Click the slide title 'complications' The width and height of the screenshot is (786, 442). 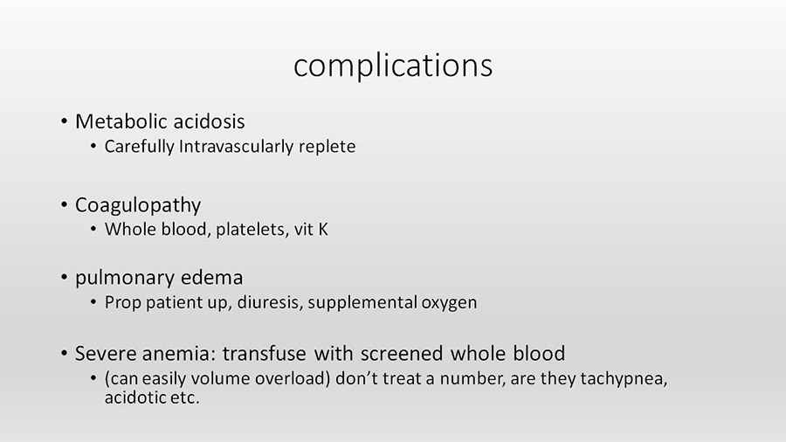[393, 66]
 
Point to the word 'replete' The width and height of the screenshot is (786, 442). [327, 147]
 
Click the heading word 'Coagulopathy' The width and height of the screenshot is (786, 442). [138, 205]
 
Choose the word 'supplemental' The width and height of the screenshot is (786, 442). [362, 302]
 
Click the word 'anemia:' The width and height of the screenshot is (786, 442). [179, 354]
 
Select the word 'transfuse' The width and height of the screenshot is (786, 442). [264, 353]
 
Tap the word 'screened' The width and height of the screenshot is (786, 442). [402, 353]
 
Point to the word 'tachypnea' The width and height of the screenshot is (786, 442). [624, 379]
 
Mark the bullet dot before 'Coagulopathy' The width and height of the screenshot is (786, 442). [64, 204]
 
